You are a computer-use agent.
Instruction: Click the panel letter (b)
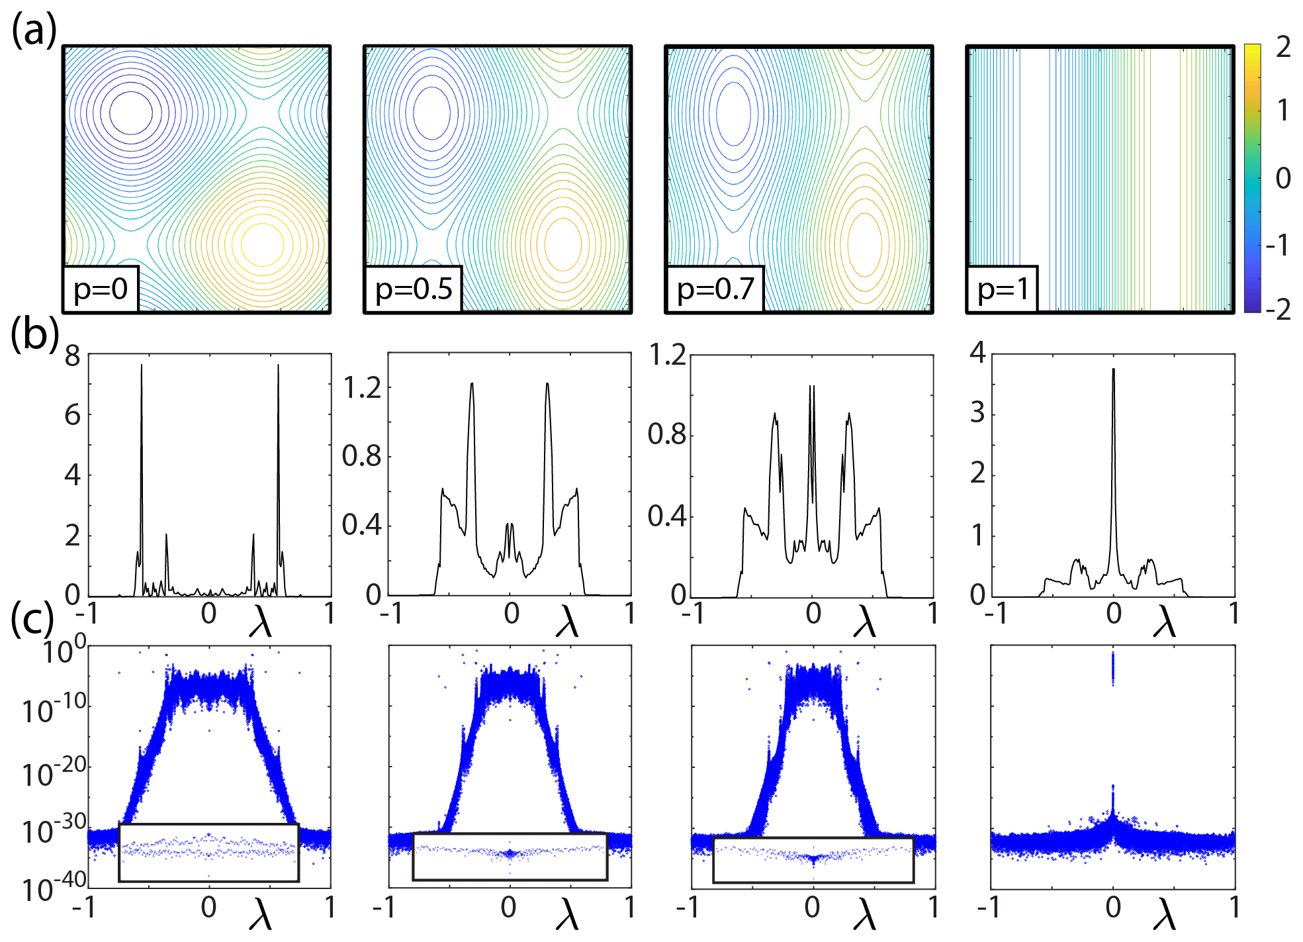coord(34,334)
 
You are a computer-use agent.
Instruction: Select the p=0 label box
coord(101,289)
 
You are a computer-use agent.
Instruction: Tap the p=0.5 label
coord(413,289)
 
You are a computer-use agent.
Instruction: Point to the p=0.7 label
coord(715,289)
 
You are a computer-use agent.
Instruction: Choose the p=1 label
coord(1003,289)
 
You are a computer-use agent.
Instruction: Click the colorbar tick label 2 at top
coord(1282,48)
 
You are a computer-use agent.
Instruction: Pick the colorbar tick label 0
coord(1282,179)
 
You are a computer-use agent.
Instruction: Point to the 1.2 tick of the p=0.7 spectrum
coord(667,355)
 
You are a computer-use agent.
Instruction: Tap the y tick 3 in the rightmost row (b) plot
coord(977,413)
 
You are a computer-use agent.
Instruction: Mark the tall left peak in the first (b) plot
coord(141,366)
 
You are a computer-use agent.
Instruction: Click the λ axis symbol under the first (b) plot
coord(260,622)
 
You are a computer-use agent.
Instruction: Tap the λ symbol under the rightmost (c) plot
coord(1165,915)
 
